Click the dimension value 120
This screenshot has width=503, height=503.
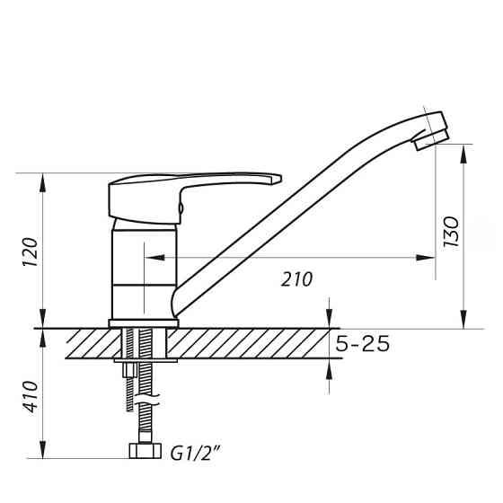tap(29, 255)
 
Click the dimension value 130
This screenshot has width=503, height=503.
tap(452, 233)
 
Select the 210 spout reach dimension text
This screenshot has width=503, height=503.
tap(296, 279)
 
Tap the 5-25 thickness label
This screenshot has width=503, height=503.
tap(362, 344)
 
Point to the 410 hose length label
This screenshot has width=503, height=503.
tap(29, 396)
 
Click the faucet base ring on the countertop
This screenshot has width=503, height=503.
tap(144, 322)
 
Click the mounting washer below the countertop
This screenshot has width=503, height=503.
tap(146, 362)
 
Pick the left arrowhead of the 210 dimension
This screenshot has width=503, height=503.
tap(150, 258)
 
